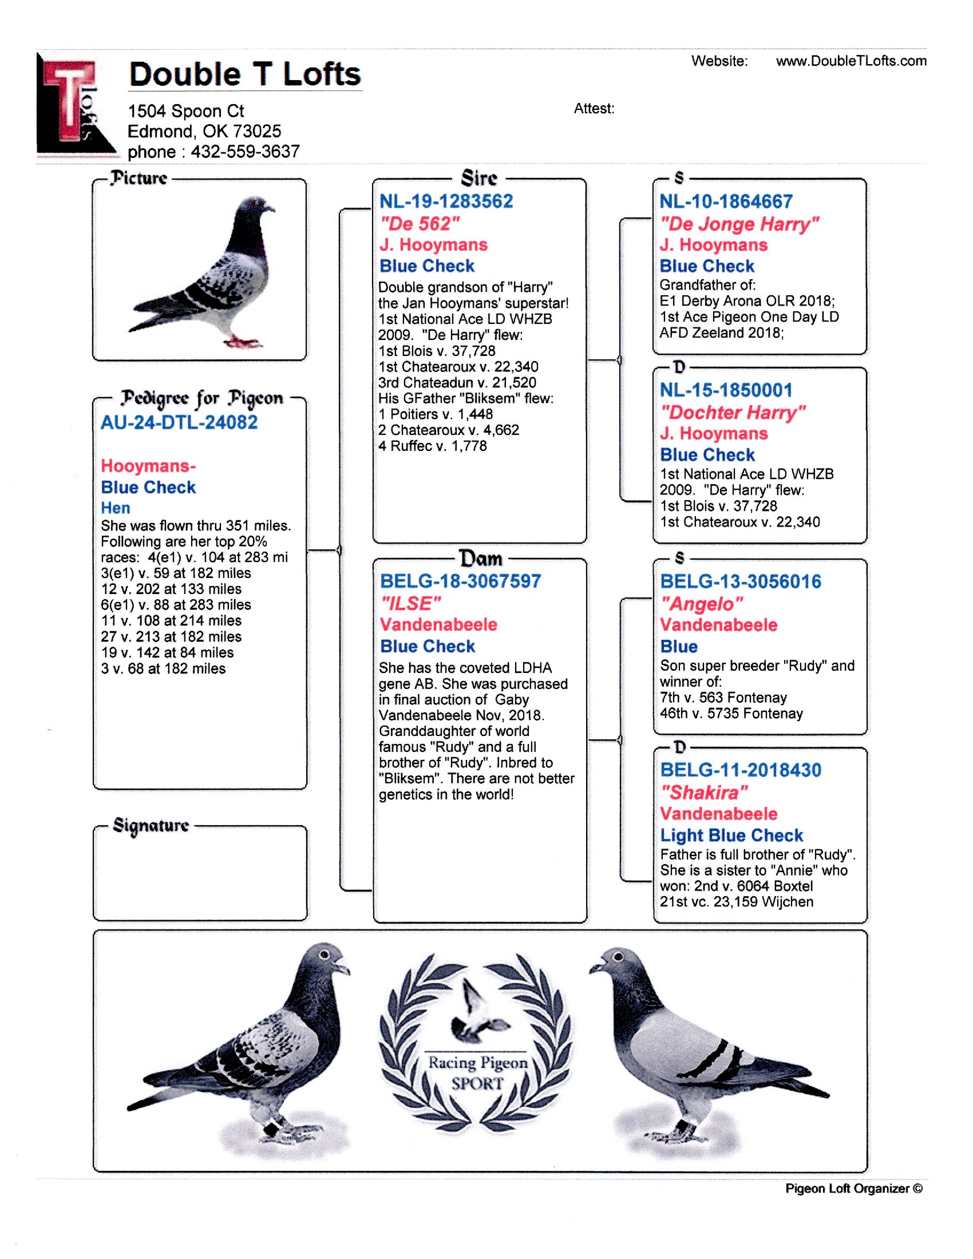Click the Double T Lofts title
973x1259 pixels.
click(244, 74)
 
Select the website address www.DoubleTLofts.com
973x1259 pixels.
click(851, 61)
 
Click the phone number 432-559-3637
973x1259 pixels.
click(245, 152)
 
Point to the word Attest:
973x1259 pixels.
click(594, 108)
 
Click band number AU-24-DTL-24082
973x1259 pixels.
click(179, 422)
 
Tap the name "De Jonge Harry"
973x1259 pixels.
click(739, 224)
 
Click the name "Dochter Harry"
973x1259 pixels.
click(732, 412)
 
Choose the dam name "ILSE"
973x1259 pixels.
click(410, 604)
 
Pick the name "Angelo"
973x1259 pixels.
click(702, 604)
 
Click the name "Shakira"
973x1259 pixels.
click(704, 793)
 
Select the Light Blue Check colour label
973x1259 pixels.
click(731, 836)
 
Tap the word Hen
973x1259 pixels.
click(115, 508)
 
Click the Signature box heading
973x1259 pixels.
click(151, 825)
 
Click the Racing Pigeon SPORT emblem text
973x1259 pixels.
click(477, 1073)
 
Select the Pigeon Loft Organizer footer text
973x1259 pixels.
click(853, 1188)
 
